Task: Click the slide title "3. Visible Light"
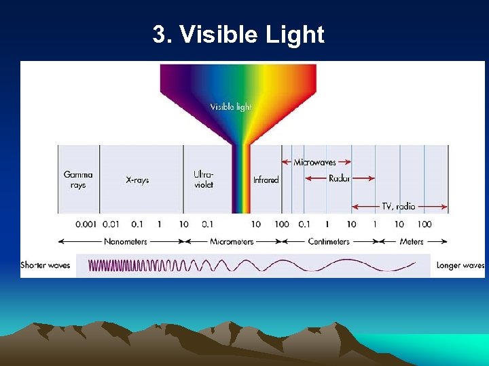click(238, 35)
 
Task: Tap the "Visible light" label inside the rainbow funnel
click(230, 107)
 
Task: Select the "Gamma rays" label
click(78, 180)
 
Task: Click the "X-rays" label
click(137, 180)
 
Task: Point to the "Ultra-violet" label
click(203, 180)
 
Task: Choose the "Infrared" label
click(266, 180)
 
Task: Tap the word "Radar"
click(339, 179)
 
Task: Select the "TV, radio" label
click(398, 207)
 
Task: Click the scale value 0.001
click(86, 224)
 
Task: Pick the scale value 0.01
click(111, 224)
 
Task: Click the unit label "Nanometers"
click(123, 241)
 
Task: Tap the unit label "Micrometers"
click(231, 241)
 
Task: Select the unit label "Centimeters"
click(329, 241)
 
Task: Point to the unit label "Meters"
click(412, 241)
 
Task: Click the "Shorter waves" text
click(46, 266)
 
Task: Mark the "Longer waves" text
click(460, 266)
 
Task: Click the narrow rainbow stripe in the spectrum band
click(241, 180)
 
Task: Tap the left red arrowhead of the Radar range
click(307, 179)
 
